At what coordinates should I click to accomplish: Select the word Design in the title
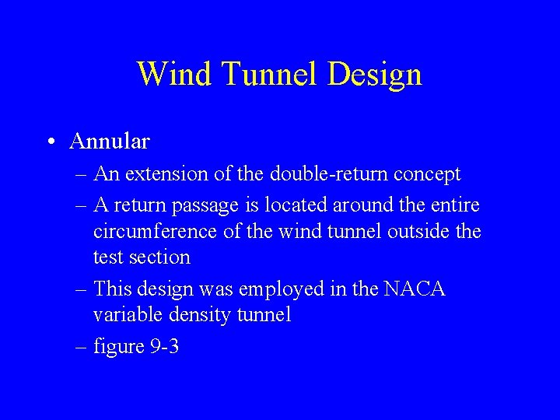point(376,74)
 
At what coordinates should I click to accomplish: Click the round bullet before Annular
point(50,142)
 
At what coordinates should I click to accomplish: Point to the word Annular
point(109,142)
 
